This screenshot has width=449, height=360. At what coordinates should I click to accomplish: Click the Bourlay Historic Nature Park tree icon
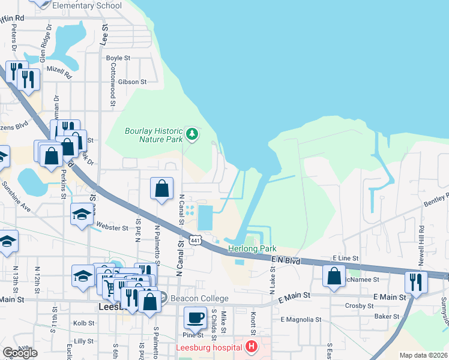pos(192,133)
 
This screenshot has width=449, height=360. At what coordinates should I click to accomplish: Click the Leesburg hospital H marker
pos(251,347)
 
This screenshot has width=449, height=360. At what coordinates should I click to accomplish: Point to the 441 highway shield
pos(195,240)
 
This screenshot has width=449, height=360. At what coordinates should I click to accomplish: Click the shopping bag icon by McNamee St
pos(334,275)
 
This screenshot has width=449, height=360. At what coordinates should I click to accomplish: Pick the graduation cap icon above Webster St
pos(82,214)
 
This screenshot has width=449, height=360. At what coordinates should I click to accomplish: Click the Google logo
pos(20,353)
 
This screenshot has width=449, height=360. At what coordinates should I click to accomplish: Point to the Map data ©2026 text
pos(423,355)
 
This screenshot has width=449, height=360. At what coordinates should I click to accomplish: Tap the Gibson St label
pos(133,82)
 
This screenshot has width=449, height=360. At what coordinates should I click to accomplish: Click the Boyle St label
pos(118,58)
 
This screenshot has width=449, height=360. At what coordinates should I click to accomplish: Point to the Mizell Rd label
pos(60,73)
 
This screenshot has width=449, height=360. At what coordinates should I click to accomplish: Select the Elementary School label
pos(87,5)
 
